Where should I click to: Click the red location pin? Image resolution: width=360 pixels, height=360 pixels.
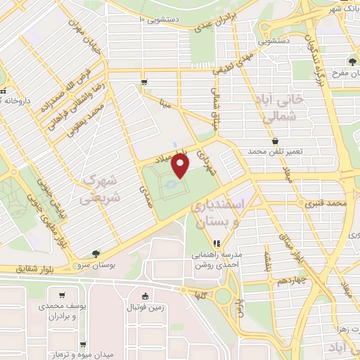tap(181, 166)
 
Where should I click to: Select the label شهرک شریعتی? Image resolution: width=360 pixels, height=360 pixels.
tap(103, 189)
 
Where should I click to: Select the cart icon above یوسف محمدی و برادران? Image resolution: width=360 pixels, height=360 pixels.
tap(63, 295)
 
